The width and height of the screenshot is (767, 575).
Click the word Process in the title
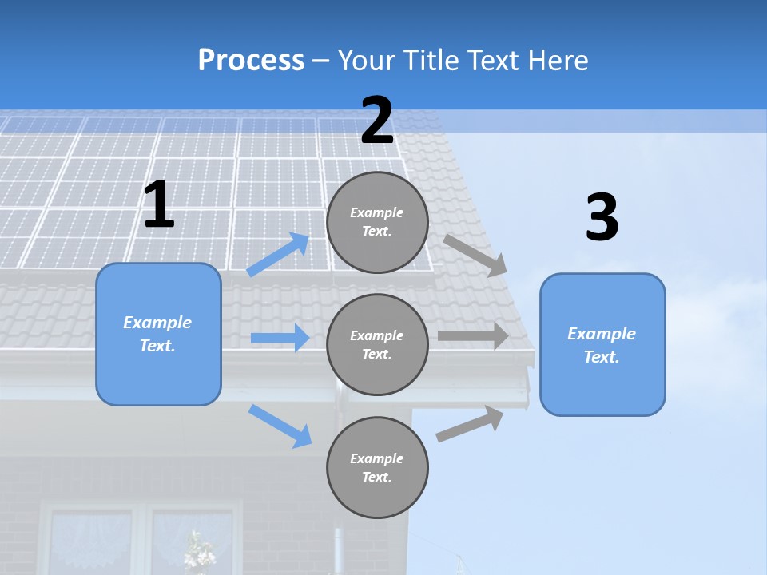pos(251,60)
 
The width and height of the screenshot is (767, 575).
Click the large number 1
pos(158,205)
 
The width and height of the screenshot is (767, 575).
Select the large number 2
pos(377,121)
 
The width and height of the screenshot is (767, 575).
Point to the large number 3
pos(602,218)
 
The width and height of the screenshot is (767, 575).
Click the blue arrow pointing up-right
pos(278,255)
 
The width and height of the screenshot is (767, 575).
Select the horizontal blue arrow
pos(280,338)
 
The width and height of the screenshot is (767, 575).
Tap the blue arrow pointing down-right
pos(280,426)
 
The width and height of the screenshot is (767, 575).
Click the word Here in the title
pos(557,60)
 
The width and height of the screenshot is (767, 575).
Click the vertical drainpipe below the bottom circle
pos(339,551)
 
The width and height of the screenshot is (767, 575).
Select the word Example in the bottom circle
pos(376,458)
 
